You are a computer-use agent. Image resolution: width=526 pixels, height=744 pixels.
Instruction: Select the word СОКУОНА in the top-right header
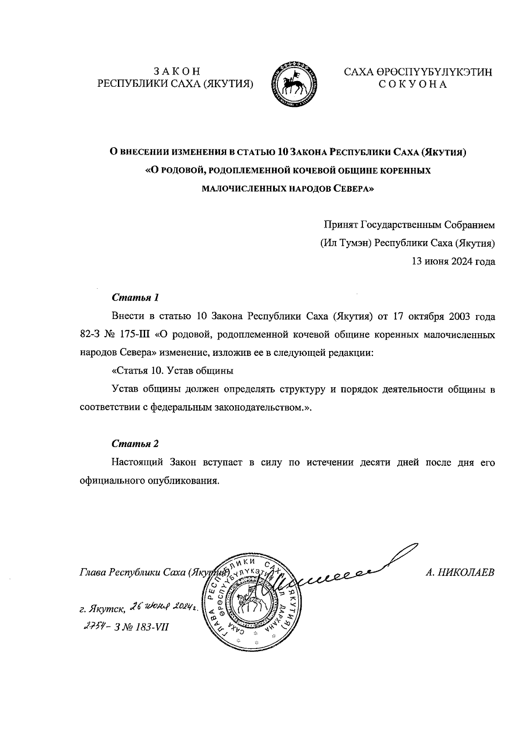pos(412,85)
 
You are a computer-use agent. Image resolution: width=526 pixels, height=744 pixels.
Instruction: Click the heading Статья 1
pos(135,298)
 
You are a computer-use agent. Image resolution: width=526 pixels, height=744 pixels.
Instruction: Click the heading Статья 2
pos(135,443)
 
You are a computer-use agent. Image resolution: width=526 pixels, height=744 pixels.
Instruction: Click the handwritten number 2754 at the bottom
pos(93,626)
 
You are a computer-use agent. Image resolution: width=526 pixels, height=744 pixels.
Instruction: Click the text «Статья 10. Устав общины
pos(172,371)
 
